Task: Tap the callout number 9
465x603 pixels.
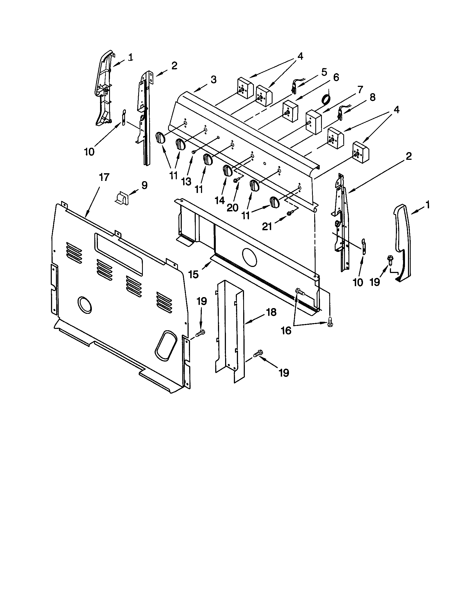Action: pyautogui.click(x=144, y=185)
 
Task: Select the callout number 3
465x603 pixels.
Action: pyautogui.click(x=214, y=80)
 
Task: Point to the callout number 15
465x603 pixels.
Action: pyautogui.click(x=193, y=274)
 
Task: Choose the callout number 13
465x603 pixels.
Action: pyautogui.click(x=187, y=181)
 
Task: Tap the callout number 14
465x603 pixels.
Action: pyautogui.click(x=220, y=200)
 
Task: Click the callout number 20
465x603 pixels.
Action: pyautogui.click(x=232, y=207)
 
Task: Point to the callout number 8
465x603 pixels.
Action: pyautogui.click(x=372, y=97)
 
